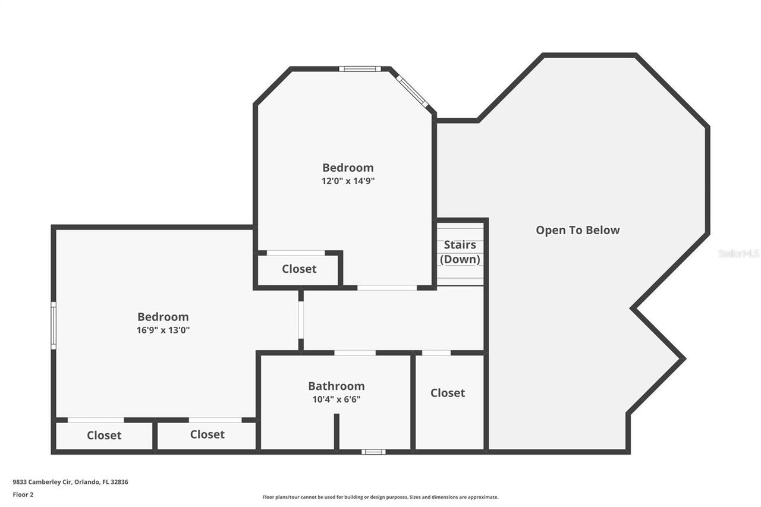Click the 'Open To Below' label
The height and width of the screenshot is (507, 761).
[x=577, y=230]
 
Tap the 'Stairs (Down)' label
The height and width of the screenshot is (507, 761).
[x=460, y=252]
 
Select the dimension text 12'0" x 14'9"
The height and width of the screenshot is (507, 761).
[x=348, y=181]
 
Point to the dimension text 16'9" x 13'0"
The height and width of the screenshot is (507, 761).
[x=163, y=330]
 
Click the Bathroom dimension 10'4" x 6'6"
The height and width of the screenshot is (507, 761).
[x=336, y=399]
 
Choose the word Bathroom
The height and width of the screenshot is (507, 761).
[x=336, y=386]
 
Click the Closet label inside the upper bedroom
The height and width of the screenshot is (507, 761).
[x=299, y=269]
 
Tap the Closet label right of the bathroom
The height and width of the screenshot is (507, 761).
[x=448, y=393]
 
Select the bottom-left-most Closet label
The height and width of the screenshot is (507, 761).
[x=104, y=435]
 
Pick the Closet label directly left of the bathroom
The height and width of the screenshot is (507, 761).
[x=207, y=434]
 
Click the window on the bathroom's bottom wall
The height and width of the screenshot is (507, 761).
[x=373, y=452]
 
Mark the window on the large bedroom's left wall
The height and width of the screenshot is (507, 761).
[x=54, y=325]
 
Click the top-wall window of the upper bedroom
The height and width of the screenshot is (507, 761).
[x=360, y=68]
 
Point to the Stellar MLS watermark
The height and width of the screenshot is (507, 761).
[x=738, y=253]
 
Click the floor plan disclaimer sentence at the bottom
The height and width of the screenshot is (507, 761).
[x=380, y=497]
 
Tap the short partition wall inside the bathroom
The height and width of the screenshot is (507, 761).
[x=337, y=432]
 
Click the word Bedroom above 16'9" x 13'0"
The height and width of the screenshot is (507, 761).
[x=163, y=317]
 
